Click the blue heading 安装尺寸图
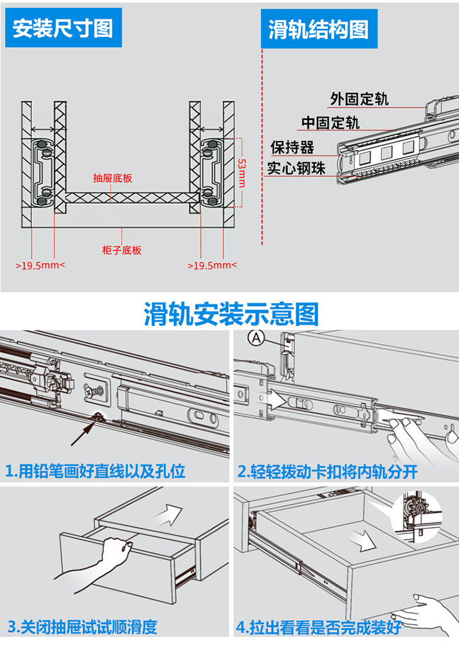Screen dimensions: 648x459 click(63, 29)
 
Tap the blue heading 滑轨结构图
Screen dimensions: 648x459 click(318, 29)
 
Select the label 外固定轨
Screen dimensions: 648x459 click(359, 99)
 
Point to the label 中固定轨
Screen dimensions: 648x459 click(330, 122)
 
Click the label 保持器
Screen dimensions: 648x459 click(292, 148)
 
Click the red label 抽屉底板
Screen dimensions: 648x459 click(113, 178)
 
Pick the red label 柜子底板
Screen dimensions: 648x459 click(122, 250)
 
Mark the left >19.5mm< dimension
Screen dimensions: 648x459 click(40, 265)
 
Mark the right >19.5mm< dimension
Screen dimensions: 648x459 click(212, 265)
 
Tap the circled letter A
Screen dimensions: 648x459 click(255, 337)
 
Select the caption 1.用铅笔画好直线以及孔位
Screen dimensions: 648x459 click(95, 471)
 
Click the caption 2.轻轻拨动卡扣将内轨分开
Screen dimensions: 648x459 click(327, 471)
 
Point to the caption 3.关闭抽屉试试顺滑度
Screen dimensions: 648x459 click(83, 627)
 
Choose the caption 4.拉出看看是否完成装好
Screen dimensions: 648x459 click(319, 627)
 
